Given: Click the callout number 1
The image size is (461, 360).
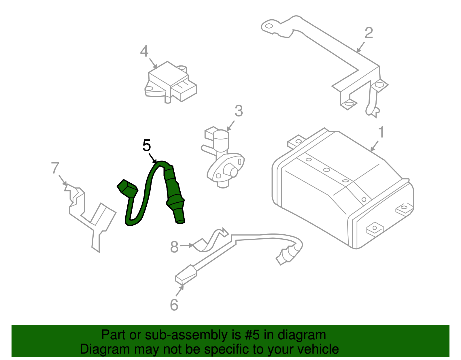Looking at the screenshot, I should [x=381, y=132].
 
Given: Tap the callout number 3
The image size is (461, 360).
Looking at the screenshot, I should [x=239, y=111].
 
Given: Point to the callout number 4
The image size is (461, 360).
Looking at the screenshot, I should [x=144, y=52].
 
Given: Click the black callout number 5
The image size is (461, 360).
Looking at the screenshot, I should [x=147, y=145].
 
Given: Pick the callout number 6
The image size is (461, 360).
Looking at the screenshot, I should [x=174, y=305].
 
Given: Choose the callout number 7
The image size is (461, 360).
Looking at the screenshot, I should [x=55, y=168].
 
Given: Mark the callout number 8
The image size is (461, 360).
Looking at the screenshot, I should [x=174, y=247].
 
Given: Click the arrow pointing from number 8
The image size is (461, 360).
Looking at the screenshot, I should [x=187, y=246].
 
